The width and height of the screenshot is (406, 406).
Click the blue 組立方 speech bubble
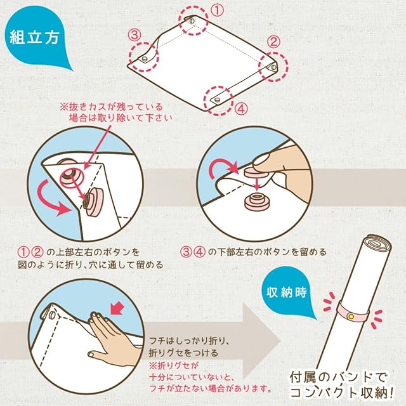[35, 36]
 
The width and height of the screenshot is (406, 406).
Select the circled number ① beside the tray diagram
[217, 10]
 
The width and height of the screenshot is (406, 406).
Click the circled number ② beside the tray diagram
[273, 41]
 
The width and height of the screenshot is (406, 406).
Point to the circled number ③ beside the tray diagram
[134, 35]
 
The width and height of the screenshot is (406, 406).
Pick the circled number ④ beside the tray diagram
[241, 108]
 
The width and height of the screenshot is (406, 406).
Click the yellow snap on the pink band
[351, 317]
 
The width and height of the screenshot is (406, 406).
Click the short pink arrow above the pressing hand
[117, 308]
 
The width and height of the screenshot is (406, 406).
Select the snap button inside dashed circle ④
[217, 99]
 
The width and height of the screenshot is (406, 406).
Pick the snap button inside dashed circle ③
[143, 59]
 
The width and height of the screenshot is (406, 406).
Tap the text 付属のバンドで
[338, 377]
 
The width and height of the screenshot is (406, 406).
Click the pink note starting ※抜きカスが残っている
[115, 112]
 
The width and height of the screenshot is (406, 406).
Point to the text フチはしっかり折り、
[189, 341]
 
